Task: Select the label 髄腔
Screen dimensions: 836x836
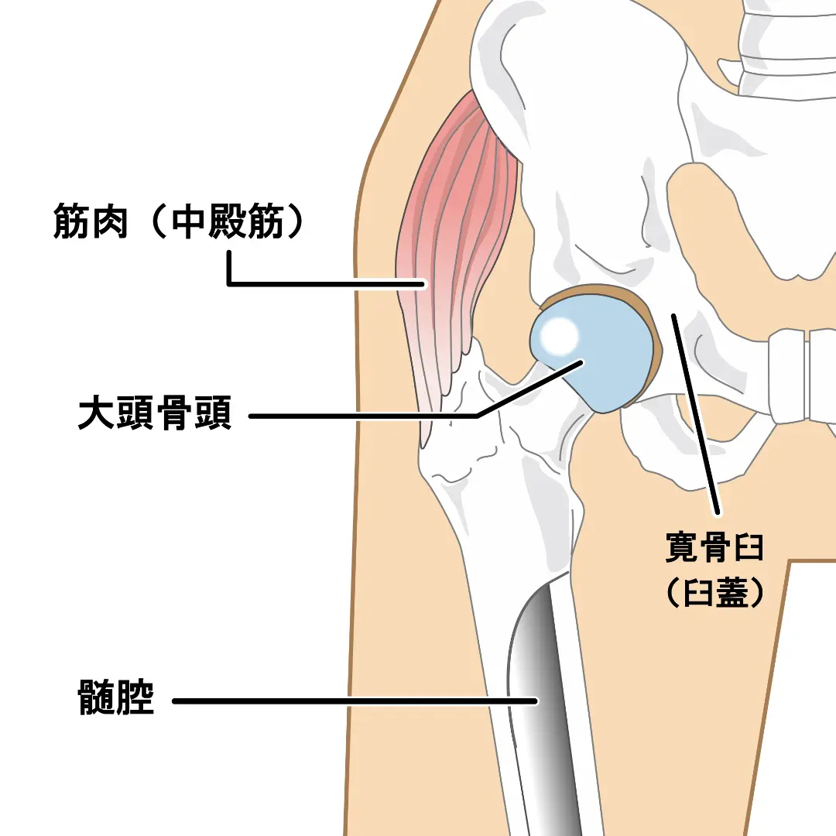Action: click(116, 699)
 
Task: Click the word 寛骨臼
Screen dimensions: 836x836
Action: click(714, 547)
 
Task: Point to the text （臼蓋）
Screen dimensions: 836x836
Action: click(714, 592)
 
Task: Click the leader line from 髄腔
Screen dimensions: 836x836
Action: click(348, 701)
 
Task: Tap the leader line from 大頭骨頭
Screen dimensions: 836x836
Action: click(364, 416)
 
